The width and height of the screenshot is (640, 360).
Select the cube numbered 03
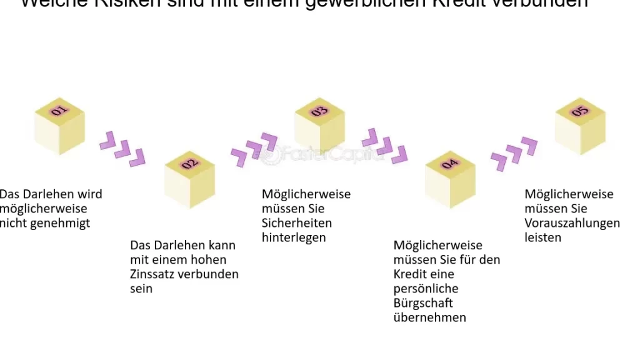pos(319,126)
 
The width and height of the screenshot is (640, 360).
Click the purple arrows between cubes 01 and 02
pos(122,149)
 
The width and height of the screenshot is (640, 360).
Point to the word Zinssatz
pos(152,274)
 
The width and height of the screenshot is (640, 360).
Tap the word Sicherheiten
pos(297,223)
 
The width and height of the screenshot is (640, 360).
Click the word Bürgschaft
pos(423,303)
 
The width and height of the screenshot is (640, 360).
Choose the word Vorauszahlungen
pos(572,223)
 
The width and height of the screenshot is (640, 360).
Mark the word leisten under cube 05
pos(543,237)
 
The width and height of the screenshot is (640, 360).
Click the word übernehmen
pos(430,317)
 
